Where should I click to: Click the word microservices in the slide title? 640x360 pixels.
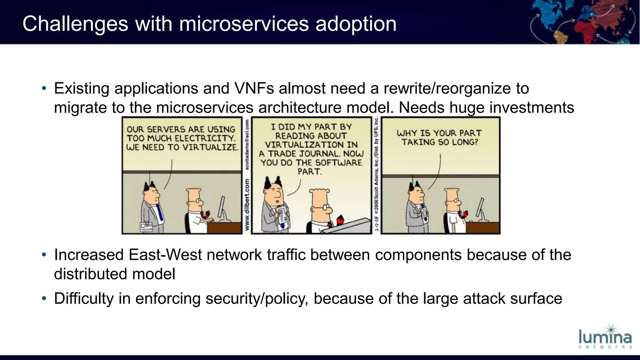tap(244, 24)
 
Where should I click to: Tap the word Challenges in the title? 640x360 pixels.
tap(75, 24)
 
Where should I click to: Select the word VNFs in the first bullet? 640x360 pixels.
tap(254, 88)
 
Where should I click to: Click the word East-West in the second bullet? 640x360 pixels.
tap(165, 255)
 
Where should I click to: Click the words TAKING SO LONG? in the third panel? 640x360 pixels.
tap(440, 142)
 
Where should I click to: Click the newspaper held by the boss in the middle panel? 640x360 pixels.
tap(282, 216)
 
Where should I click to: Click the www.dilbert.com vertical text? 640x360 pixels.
tap(247, 205)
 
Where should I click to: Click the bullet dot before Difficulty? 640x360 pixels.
tap(44, 299)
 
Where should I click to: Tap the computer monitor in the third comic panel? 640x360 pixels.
tap(480, 208)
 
